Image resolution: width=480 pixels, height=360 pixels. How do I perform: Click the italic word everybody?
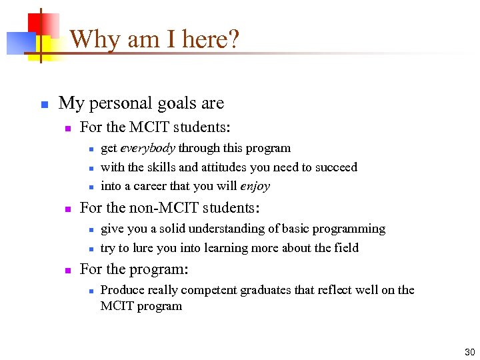(147, 148)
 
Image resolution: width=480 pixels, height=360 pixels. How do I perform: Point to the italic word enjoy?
(255, 186)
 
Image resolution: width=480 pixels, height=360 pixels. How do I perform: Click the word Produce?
(122, 289)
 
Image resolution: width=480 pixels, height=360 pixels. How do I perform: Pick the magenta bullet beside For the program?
(67, 271)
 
